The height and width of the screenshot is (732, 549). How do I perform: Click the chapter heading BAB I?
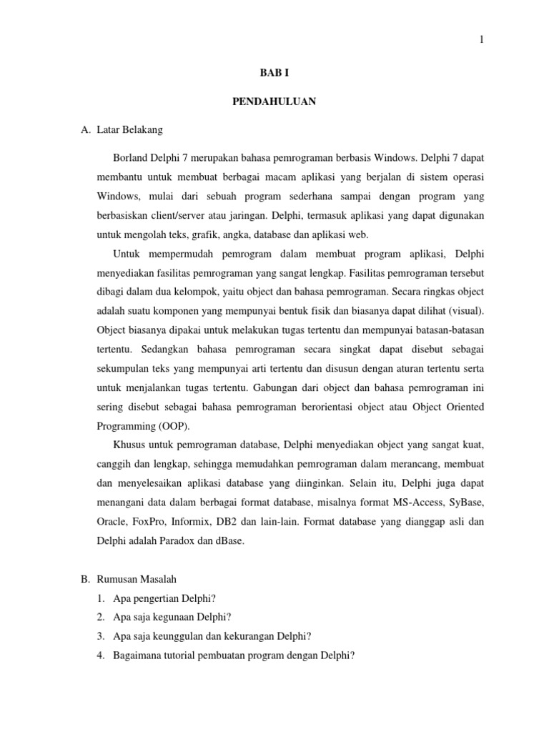point(274,72)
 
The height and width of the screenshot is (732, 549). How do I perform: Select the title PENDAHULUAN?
point(274,102)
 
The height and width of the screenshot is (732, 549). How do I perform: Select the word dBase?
point(229,540)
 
